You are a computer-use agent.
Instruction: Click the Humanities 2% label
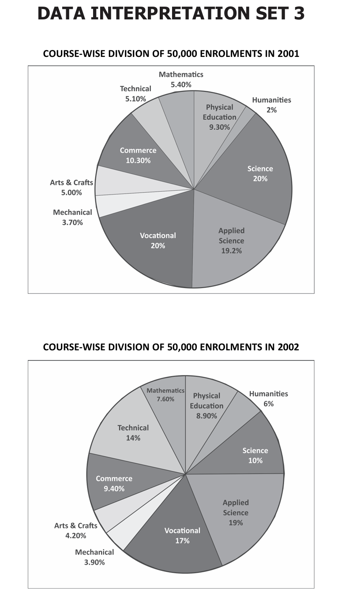click(271, 105)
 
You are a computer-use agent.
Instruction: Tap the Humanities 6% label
click(268, 398)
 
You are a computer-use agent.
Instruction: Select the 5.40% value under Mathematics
click(181, 85)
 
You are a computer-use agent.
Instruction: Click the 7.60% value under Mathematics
click(165, 399)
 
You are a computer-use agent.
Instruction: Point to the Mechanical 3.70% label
click(72, 217)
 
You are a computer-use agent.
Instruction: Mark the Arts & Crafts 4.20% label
click(75, 530)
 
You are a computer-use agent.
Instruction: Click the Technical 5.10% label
click(135, 94)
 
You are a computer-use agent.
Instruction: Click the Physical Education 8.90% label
click(208, 405)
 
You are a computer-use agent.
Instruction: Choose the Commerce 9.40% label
click(114, 484)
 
